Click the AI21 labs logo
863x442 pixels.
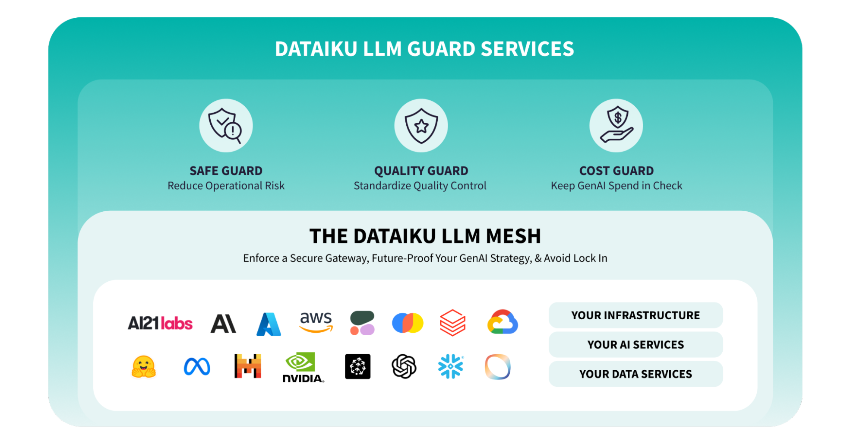[160, 323]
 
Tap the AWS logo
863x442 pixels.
[316, 322]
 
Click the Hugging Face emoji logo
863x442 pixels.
[143, 367]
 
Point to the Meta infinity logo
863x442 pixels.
[197, 367]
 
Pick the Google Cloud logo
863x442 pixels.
[503, 322]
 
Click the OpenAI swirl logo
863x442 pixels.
[404, 366]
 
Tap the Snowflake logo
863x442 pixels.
[451, 366]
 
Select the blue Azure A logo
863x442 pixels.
[269, 324]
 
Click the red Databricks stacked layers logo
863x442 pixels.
[452, 322]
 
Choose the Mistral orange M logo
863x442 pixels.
[248, 366]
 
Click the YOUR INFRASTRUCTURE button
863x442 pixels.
[635, 315]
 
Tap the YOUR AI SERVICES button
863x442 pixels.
[635, 345]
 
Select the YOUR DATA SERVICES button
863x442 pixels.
[635, 374]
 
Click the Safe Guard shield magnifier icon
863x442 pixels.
[226, 126]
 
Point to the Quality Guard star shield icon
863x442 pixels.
[421, 126]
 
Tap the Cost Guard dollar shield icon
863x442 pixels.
[616, 126]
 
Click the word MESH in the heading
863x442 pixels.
[513, 236]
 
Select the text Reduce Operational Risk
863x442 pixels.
[226, 186]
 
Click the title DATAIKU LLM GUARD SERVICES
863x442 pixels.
[424, 49]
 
